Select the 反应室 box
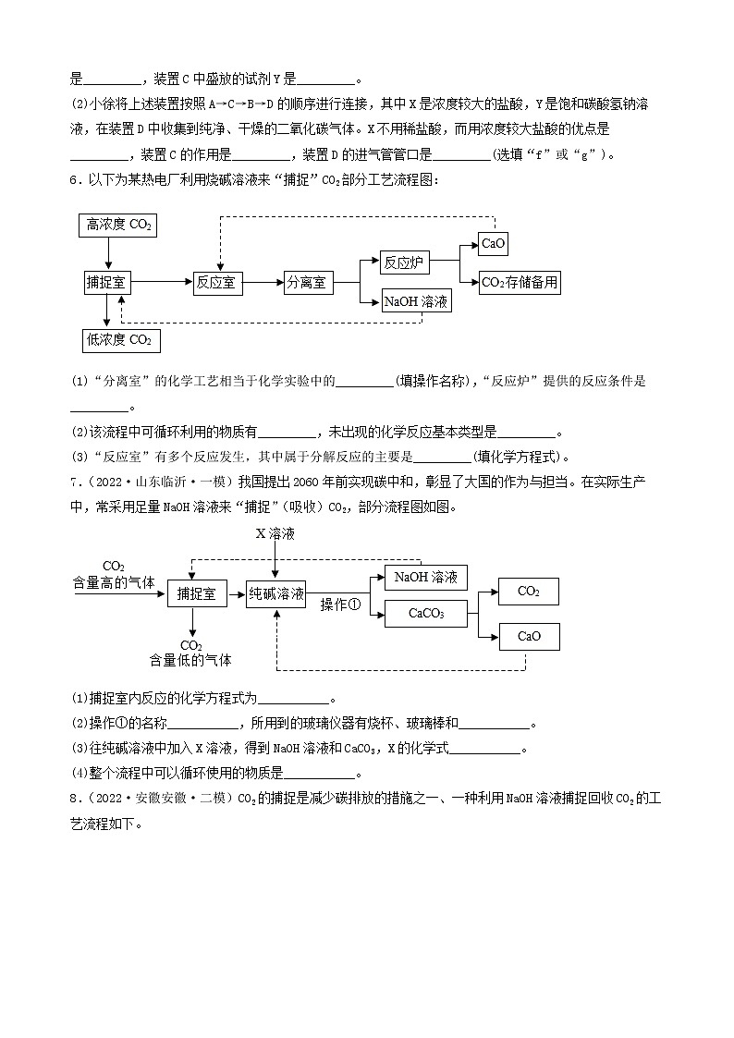click(x=218, y=284)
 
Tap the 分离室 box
click(x=308, y=284)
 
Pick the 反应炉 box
click(x=405, y=263)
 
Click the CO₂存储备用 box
click(x=520, y=283)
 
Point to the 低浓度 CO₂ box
click(x=119, y=340)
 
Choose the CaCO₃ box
click(x=426, y=614)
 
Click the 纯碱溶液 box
click(x=276, y=594)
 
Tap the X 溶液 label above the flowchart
click(x=275, y=533)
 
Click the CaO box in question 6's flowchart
click(x=493, y=243)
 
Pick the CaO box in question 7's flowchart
click(x=529, y=636)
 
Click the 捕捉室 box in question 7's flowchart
click(x=197, y=594)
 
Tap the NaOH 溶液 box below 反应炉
click(x=417, y=301)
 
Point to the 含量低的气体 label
click(x=191, y=660)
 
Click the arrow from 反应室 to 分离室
click(x=263, y=284)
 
